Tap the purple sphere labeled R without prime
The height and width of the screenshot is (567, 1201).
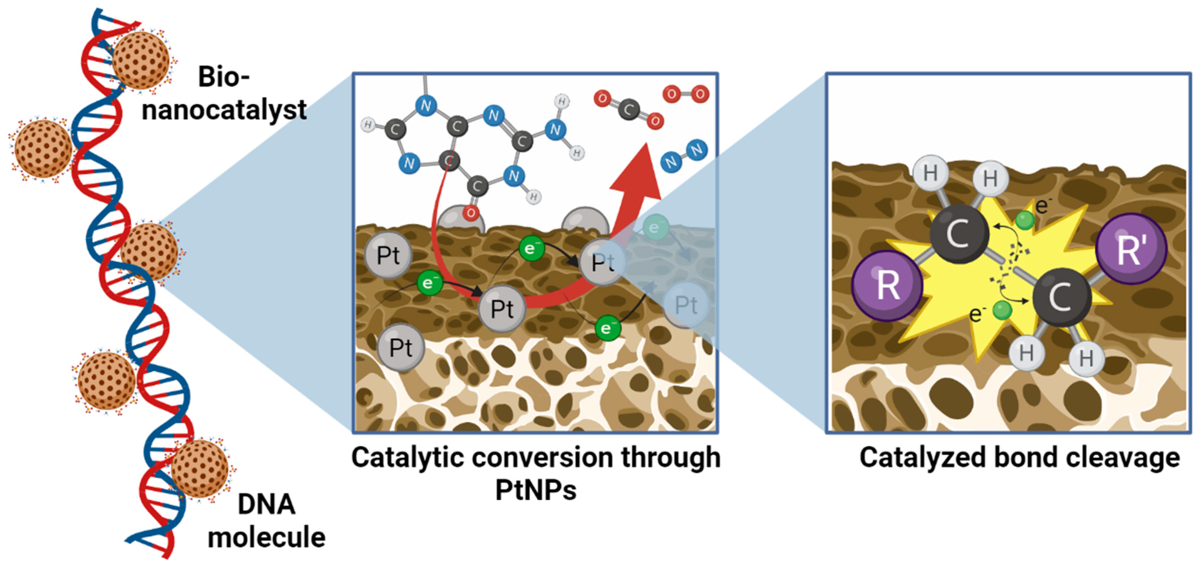(887, 285)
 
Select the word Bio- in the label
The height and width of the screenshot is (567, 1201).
(224, 77)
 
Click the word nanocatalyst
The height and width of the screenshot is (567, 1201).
(224, 110)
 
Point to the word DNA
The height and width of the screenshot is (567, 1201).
(266, 505)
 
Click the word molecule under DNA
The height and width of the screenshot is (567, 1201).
(266, 537)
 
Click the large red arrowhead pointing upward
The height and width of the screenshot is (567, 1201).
(638, 173)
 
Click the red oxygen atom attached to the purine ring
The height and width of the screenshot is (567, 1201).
(471, 213)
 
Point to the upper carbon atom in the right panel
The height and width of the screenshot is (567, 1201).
(959, 234)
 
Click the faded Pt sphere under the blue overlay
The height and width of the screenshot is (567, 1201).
(686, 305)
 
